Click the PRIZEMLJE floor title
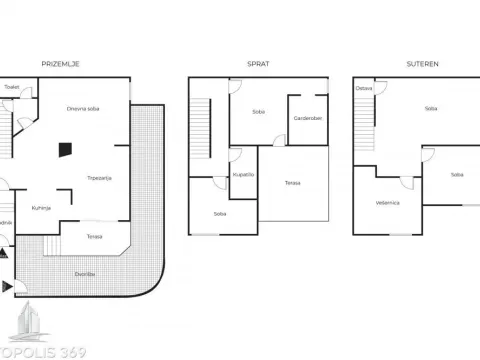pyautogui.click(x=61, y=63)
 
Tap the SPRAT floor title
pyautogui.click(x=258, y=63)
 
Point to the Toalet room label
pyautogui.click(x=12, y=87)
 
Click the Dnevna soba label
pyautogui.click(x=82, y=108)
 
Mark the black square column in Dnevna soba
pyautogui.click(x=64, y=149)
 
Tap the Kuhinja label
pyautogui.click(x=41, y=208)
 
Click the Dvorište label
pyautogui.click(x=86, y=273)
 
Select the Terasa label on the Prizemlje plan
pyautogui.click(x=94, y=236)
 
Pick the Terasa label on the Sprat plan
pyautogui.click(x=292, y=183)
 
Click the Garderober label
pyautogui.click(x=307, y=118)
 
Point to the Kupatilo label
pyautogui.click(x=244, y=174)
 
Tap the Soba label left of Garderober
pyautogui.click(x=258, y=111)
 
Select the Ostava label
pyautogui.click(x=364, y=88)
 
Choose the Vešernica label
pyautogui.click(x=388, y=202)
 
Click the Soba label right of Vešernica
pyautogui.click(x=456, y=174)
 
